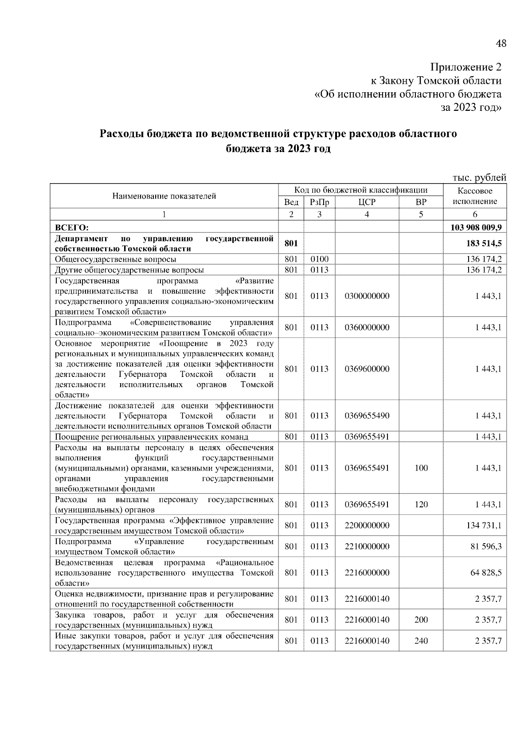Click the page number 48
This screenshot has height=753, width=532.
pyautogui.click(x=501, y=43)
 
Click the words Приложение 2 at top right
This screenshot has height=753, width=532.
pyautogui.click(x=466, y=67)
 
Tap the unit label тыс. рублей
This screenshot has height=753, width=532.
pyautogui.click(x=479, y=178)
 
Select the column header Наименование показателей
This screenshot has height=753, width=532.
pyautogui.click(x=164, y=196)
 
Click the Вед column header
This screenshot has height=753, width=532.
pyautogui.click(x=291, y=202)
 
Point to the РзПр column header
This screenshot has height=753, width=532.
pyautogui.click(x=319, y=202)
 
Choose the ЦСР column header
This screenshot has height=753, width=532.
pyautogui.click(x=367, y=202)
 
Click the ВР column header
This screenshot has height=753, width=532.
pyautogui.click(x=421, y=202)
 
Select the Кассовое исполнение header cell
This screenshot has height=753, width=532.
pyautogui.click(x=475, y=196)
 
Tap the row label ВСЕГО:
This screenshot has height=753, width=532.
pyautogui.click(x=72, y=228)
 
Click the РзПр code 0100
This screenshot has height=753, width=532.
pyautogui.click(x=319, y=259)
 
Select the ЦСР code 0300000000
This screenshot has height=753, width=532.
pyautogui.click(x=367, y=296)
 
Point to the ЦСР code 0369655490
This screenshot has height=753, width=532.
pyautogui.click(x=367, y=416)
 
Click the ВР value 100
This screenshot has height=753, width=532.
pyautogui.click(x=421, y=468)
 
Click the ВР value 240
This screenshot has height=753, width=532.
pyautogui.click(x=421, y=641)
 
